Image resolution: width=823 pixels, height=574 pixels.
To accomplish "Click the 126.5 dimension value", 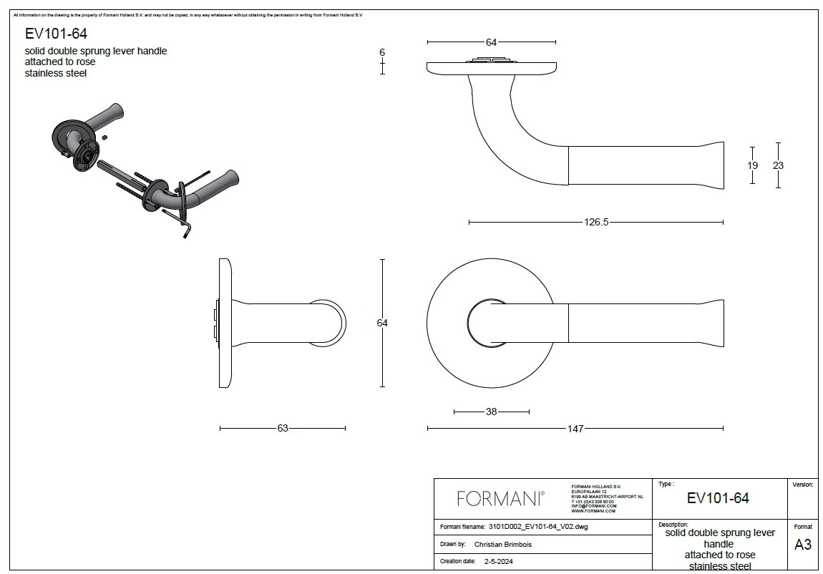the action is (x=595, y=223).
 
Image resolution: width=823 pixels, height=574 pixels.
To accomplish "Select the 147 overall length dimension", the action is (x=575, y=429).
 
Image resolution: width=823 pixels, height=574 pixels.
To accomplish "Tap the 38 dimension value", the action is (x=491, y=412).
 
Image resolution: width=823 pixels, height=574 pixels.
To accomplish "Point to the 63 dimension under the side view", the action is (x=283, y=429).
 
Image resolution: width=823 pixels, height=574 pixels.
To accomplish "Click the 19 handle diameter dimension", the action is (x=752, y=165).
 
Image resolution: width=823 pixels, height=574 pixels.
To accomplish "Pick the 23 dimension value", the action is (x=778, y=165).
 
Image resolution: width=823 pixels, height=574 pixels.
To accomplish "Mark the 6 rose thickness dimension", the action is (x=382, y=53).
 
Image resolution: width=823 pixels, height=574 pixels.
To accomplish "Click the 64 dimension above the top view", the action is (x=491, y=42).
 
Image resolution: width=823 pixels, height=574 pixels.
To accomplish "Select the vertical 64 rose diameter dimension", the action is (x=382, y=324).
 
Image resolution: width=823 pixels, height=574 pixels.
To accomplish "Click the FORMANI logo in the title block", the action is (x=500, y=497).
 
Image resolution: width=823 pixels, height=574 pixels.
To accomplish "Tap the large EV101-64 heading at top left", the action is (x=57, y=33).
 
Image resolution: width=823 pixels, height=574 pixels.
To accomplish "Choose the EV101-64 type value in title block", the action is (x=718, y=498).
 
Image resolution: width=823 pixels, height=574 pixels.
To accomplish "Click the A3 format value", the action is (x=803, y=545).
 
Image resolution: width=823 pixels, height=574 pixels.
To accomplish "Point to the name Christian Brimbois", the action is (x=503, y=545).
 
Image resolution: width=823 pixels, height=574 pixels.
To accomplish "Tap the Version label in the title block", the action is (x=803, y=485).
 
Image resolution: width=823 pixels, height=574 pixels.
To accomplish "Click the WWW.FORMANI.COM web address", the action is (x=593, y=511).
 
